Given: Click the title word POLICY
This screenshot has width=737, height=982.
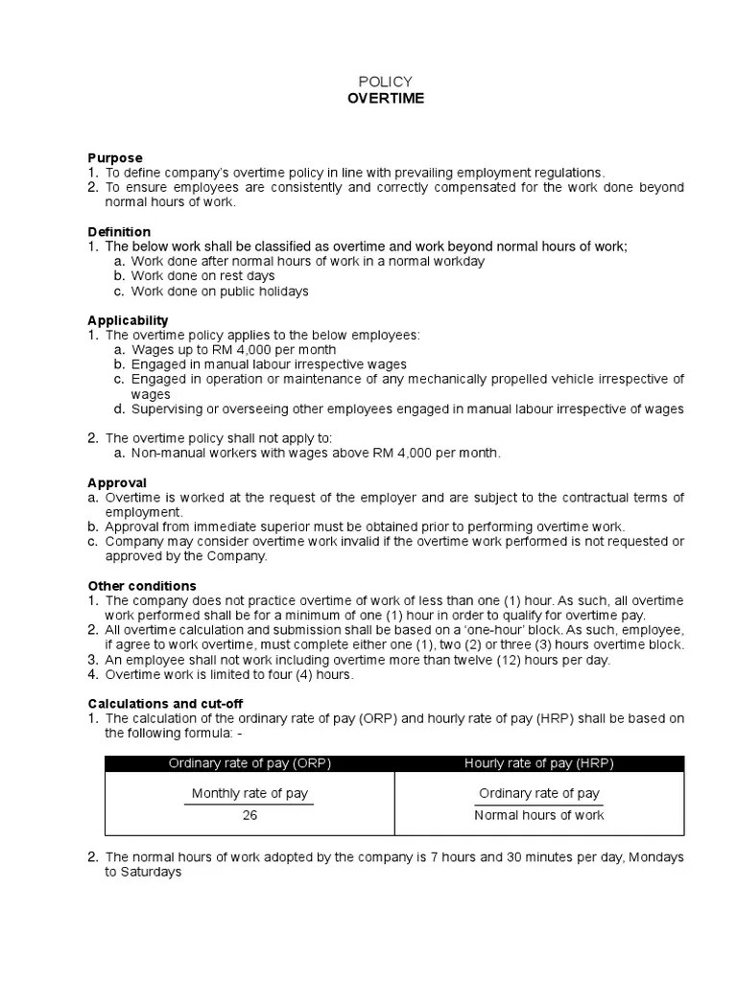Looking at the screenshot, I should [385, 82].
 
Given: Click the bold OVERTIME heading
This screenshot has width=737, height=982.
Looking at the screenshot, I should [386, 99].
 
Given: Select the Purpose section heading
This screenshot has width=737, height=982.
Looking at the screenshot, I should [115, 158].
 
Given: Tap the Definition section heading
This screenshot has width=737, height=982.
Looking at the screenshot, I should [119, 232].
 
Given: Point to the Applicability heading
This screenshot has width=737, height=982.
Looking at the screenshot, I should [128, 320].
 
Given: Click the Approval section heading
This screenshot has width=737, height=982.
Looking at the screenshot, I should [117, 483].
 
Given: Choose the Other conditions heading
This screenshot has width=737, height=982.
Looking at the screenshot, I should [142, 586].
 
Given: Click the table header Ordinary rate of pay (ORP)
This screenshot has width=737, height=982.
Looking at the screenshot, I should [250, 763].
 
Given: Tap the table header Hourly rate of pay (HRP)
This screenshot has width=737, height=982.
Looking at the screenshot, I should [539, 763].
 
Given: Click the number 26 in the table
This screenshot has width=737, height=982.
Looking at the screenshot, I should [250, 815].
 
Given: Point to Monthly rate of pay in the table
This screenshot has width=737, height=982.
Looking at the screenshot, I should [250, 793].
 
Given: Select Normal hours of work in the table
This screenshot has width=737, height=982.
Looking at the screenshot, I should [539, 815].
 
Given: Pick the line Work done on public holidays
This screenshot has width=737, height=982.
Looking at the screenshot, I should [220, 292].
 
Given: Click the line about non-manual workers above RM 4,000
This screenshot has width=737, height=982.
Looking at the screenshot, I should [316, 454].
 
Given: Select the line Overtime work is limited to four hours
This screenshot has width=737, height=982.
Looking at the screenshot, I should [229, 675].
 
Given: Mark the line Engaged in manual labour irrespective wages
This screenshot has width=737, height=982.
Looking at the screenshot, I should [269, 364].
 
